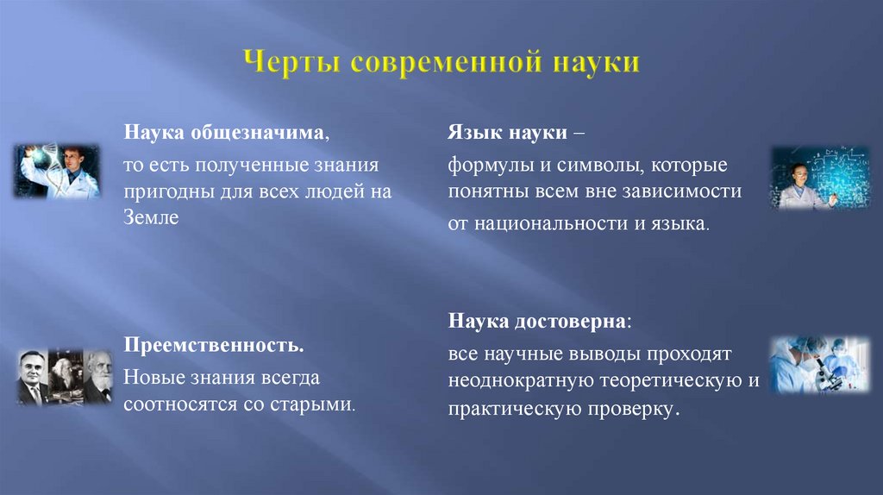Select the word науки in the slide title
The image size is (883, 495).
pyautogui.click(x=595, y=64)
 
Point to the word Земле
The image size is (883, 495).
pyautogui.click(x=151, y=218)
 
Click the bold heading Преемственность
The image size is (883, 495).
pyautogui.click(x=213, y=347)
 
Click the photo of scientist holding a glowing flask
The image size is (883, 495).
pyautogui.click(x=56, y=171)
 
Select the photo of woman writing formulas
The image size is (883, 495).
pyautogui.click(x=808, y=178)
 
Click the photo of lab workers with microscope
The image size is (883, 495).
pyautogui.click(x=819, y=365)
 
